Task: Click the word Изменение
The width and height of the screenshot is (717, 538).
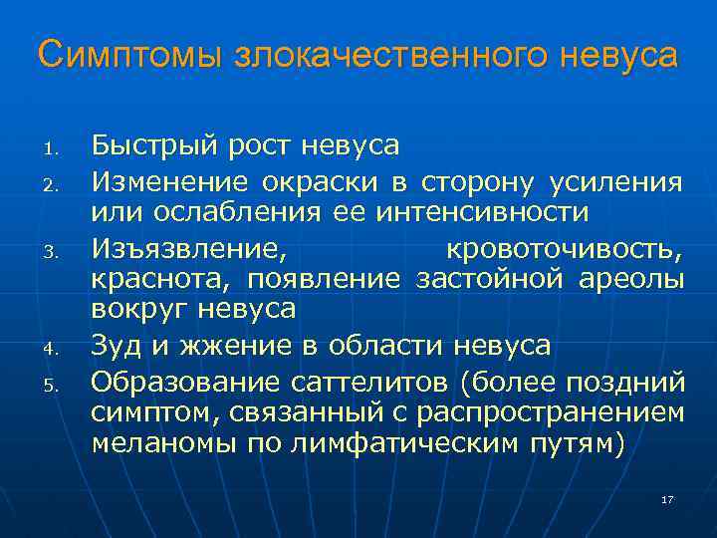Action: point(169,181)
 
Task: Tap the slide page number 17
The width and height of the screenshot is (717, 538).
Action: point(667,499)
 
